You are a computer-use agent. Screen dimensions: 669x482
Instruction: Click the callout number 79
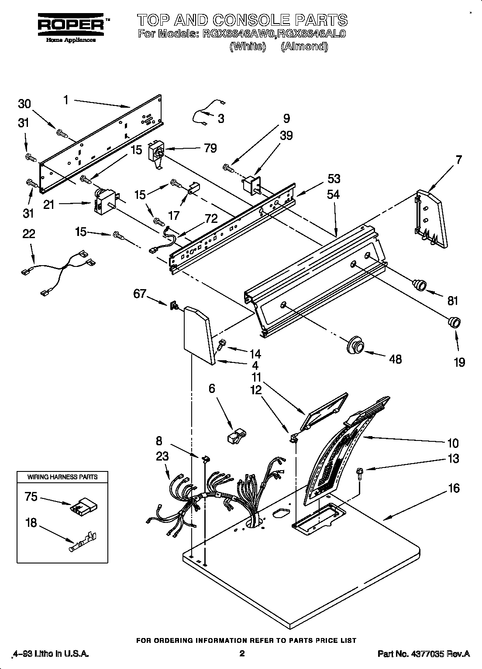click(210, 148)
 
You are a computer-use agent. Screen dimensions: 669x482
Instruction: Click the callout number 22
click(29, 234)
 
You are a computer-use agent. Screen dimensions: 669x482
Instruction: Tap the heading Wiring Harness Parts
click(62, 477)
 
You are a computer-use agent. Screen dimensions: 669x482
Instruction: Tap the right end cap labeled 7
click(430, 219)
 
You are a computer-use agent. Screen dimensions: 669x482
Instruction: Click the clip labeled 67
click(174, 305)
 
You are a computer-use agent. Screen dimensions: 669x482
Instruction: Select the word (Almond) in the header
click(304, 46)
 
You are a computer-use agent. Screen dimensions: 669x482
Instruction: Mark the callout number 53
click(333, 179)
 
